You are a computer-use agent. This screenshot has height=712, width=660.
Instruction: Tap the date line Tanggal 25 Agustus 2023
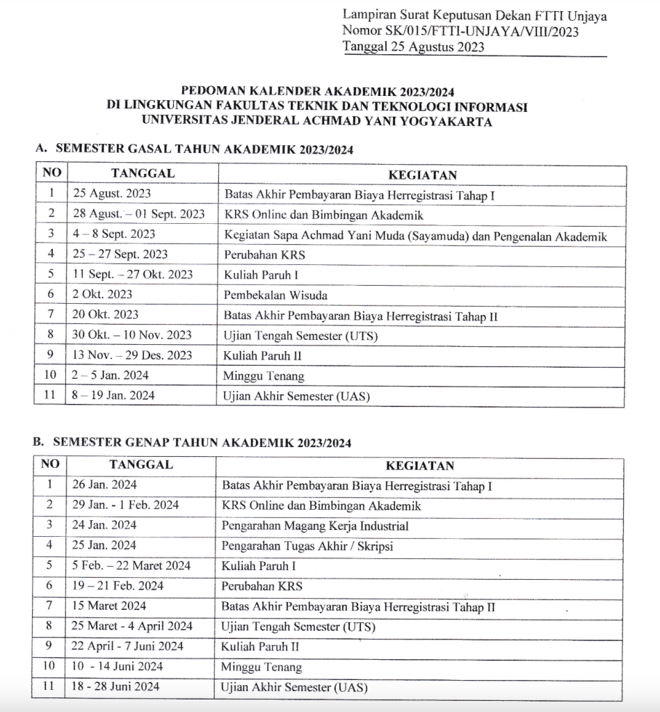[413, 47]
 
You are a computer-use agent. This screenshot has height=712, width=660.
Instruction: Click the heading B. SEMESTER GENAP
[192, 442]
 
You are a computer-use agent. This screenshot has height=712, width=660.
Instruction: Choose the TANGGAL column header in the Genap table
[141, 464]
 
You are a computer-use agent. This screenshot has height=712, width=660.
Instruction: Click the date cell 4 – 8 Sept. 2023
[114, 234]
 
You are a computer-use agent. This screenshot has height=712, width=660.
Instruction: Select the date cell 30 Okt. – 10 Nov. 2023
[132, 335]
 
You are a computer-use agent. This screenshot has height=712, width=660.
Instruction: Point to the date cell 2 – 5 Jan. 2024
[111, 375]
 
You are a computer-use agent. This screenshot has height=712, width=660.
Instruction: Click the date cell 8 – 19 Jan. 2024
[114, 396]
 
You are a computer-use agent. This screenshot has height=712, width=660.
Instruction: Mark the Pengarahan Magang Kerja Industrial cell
[314, 526]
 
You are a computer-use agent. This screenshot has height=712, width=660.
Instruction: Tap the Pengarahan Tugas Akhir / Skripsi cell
[307, 546]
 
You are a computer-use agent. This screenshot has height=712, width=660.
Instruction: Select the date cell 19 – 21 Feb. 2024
[118, 586]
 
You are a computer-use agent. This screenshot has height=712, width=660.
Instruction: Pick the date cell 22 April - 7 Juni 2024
[128, 647]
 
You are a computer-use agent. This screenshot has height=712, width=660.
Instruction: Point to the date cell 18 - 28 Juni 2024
[115, 687]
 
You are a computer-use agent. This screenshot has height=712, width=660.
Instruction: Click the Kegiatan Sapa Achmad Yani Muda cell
[415, 236]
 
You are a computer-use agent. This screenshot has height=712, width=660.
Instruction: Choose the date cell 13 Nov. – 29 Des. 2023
[132, 355]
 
